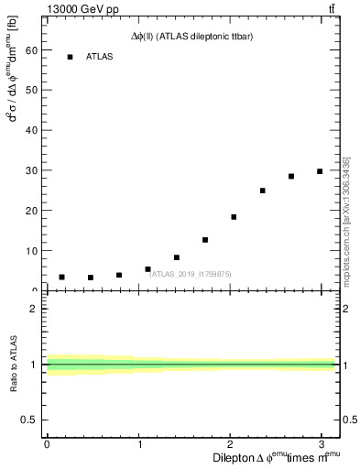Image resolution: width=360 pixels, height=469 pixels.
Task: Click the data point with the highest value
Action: coord(320,171)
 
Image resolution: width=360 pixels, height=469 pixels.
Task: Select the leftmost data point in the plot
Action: coord(61,277)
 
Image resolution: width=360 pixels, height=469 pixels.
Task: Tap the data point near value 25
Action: coord(262,191)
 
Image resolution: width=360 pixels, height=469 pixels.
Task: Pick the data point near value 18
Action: coord(234,217)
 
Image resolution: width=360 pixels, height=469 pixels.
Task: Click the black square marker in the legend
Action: coord(70,57)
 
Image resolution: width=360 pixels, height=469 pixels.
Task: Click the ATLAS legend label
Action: coord(100,57)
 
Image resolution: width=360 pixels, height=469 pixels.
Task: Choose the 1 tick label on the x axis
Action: coord(138,444)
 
